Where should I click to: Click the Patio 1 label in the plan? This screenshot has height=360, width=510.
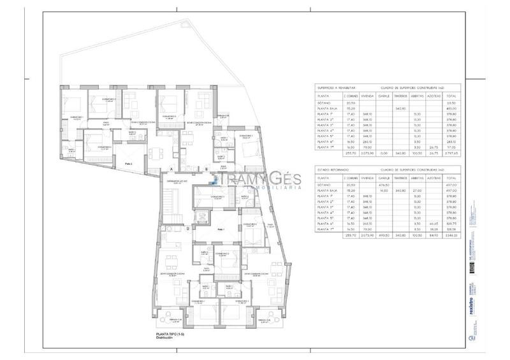coord(221,229)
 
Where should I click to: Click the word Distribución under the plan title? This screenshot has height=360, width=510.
coord(165,339)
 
